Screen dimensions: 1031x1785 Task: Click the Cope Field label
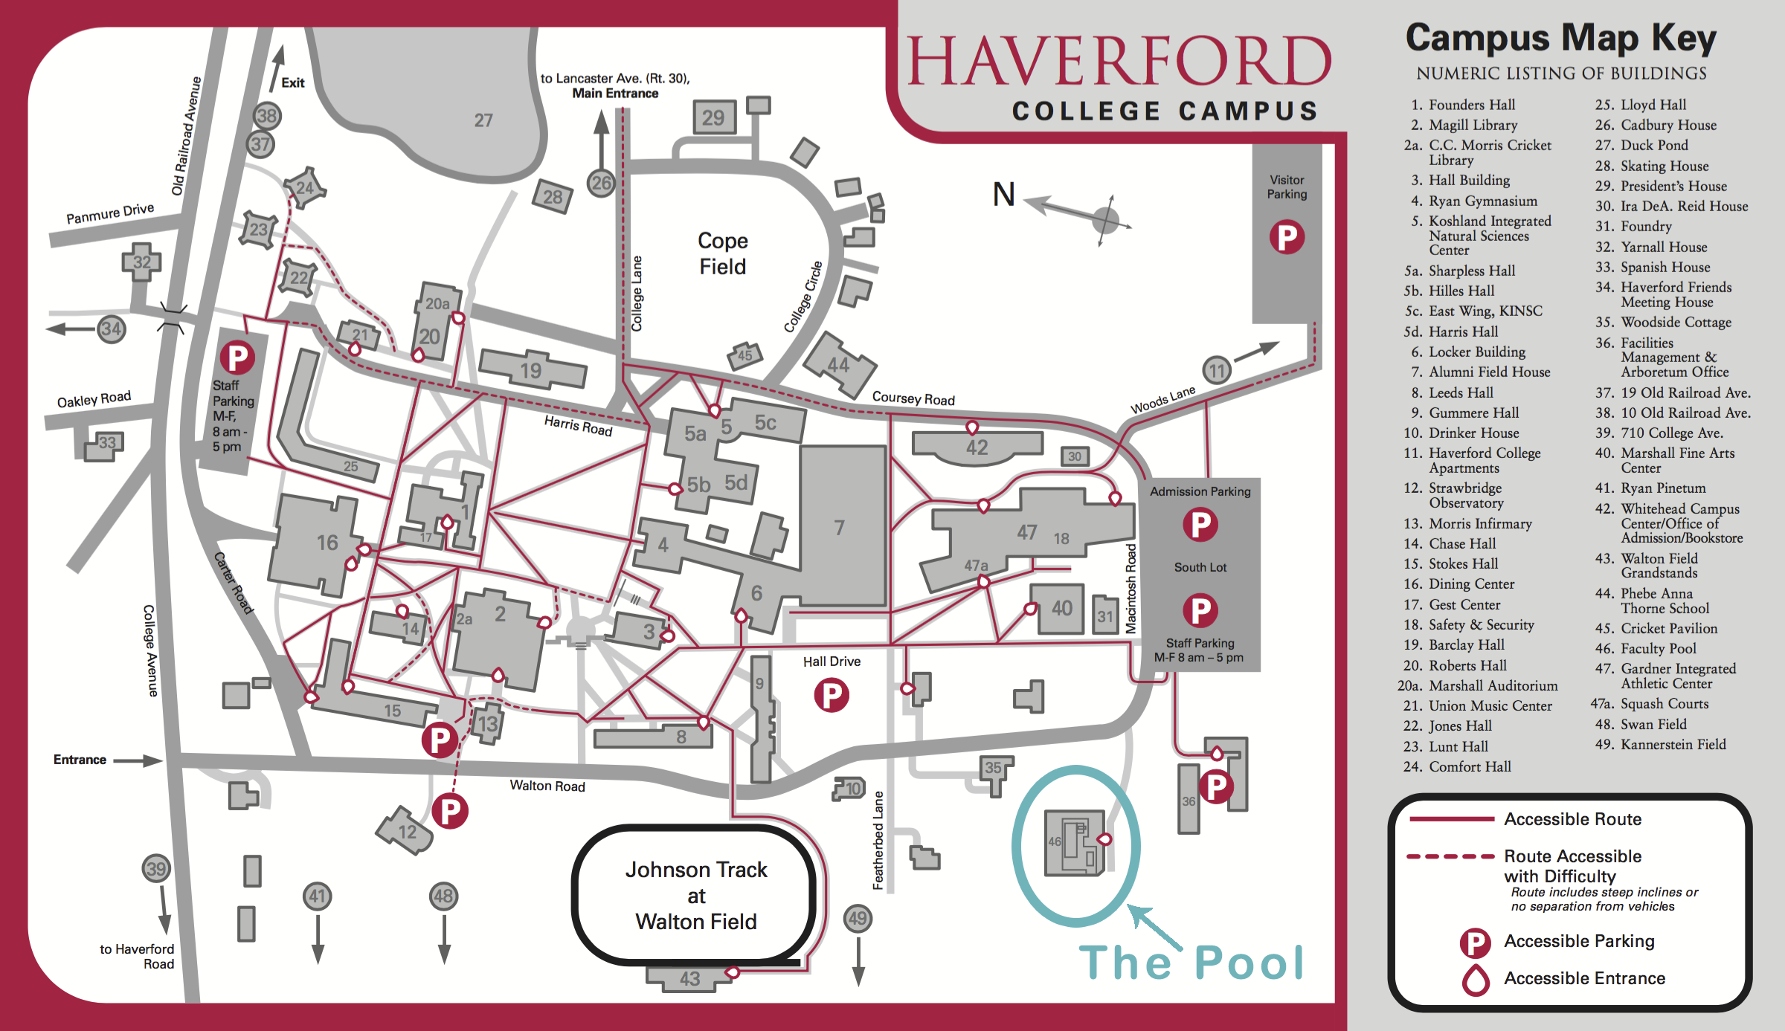click(x=722, y=253)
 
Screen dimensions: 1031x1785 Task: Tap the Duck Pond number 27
click(x=483, y=120)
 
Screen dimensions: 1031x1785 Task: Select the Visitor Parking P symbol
click(x=1287, y=237)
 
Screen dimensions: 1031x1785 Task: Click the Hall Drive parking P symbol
click(x=831, y=696)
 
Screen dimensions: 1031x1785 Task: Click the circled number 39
click(x=156, y=868)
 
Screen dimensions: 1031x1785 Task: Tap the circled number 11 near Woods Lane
click(x=1217, y=370)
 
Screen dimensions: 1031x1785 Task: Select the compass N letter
click(x=1003, y=195)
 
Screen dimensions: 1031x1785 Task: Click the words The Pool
click(x=1191, y=963)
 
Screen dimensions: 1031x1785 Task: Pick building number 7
click(x=839, y=528)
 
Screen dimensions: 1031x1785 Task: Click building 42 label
click(x=977, y=447)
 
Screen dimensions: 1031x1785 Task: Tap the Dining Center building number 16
click(x=327, y=543)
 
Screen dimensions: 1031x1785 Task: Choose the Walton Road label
click(x=547, y=786)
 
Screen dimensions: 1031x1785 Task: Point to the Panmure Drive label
click(x=110, y=213)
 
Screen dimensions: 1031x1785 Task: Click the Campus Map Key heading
click(x=1560, y=39)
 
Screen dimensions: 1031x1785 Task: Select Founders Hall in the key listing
click(x=1471, y=105)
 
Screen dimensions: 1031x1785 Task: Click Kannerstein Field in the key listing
click(x=1673, y=744)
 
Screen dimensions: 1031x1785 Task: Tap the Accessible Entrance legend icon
click(x=1476, y=980)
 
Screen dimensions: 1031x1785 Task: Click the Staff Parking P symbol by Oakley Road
click(x=237, y=358)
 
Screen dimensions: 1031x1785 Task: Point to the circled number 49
click(x=858, y=918)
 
